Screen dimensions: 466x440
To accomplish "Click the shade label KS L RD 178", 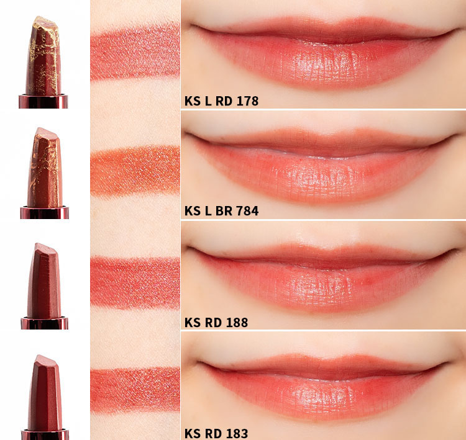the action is (x=221, y=101).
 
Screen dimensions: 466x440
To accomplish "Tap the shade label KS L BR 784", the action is (x=221, y=211).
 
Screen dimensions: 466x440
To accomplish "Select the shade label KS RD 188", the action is (x=216, y=323).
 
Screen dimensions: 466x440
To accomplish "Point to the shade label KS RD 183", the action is (x=216, y=433).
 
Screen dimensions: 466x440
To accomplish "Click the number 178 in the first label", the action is (x=247, y=101).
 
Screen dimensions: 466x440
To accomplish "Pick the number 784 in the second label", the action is (x=247, y=211).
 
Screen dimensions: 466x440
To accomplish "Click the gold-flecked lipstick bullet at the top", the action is (x=43, y=56).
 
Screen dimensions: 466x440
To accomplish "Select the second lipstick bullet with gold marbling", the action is (x=45, y=167).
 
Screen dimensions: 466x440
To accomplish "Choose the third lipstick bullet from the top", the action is (x=44, y=281).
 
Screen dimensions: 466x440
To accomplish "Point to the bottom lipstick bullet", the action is (x=45, y=392).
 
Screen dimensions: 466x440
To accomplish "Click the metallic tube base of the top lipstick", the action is (x=43, y=101).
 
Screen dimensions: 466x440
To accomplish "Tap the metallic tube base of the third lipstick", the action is (x=45, y=323).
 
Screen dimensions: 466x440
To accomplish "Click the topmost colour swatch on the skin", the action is (x=135, y=52).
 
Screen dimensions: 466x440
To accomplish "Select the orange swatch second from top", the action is (x=135, y=171).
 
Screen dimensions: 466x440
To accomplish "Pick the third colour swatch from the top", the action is (x=135, y=282).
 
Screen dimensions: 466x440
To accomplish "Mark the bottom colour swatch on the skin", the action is (x=135, y=390).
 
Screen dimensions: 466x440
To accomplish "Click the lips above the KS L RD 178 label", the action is (x=324, y=53).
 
